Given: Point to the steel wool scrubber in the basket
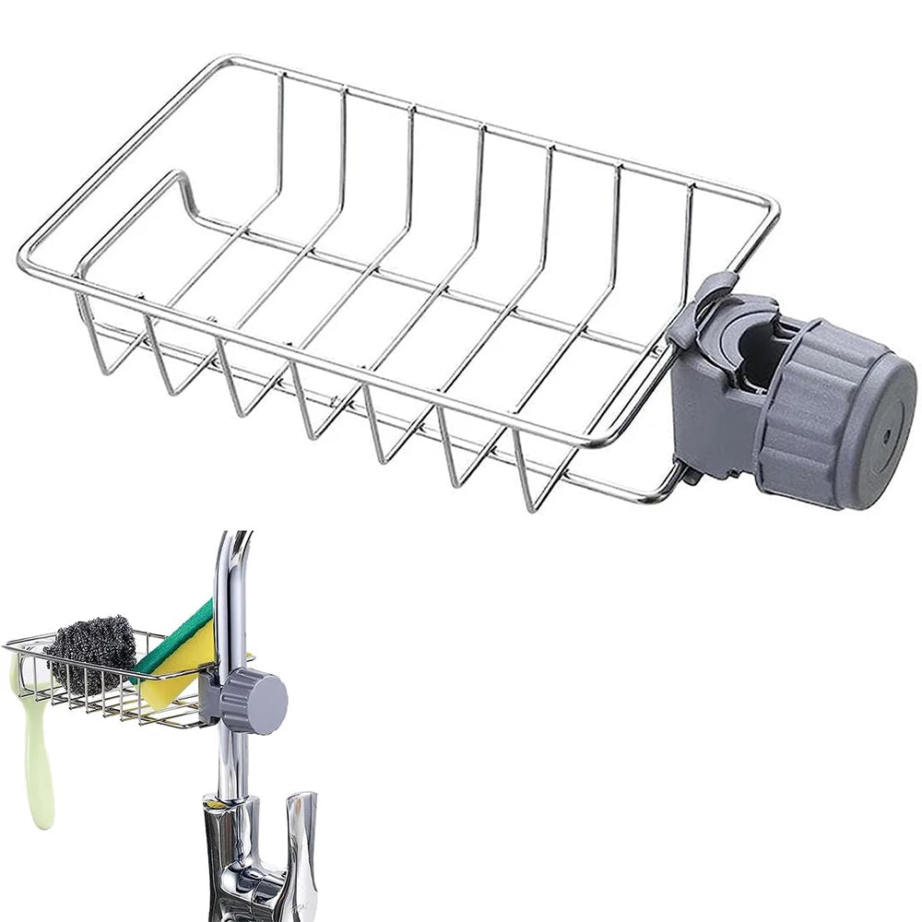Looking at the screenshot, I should pos(91,649).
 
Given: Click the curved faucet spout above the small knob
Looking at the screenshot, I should pos(230,572).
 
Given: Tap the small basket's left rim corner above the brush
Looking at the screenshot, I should pos(9,645).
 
